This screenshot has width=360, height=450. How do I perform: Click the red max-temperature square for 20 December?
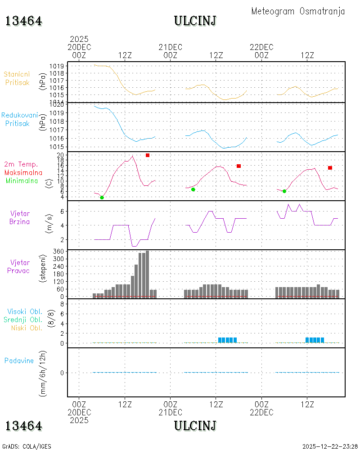[x=148, y=155]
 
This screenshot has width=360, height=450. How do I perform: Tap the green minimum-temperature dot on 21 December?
[x=193, y=190]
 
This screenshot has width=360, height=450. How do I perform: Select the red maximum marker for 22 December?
[x=330, y=168]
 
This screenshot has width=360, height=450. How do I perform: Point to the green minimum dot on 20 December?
[x=102, y=198]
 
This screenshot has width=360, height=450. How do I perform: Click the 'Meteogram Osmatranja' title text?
[x=298, y=11]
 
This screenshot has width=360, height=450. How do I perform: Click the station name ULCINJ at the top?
[x=195, y=21]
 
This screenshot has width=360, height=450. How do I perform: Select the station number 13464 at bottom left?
[x=24, y=426]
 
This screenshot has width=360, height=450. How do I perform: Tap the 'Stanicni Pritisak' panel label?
[x=17, y=78]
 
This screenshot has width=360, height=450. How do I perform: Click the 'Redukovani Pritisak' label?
[x=19, y=119]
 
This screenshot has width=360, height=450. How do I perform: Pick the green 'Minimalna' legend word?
[x=22, y=181]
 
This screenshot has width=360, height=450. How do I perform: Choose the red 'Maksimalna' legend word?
[x=23, y=173]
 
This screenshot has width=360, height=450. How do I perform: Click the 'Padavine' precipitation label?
[x=19, y=361]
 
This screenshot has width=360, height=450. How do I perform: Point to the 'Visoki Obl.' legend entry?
[x=25, y=312]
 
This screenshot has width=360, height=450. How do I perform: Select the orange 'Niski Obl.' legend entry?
[x=27, y=328]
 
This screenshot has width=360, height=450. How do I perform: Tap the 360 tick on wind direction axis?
[x=58, y=252]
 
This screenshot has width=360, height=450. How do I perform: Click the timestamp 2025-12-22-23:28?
[x=330, y=446]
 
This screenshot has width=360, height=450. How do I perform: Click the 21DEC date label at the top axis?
[x=171, y=47]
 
